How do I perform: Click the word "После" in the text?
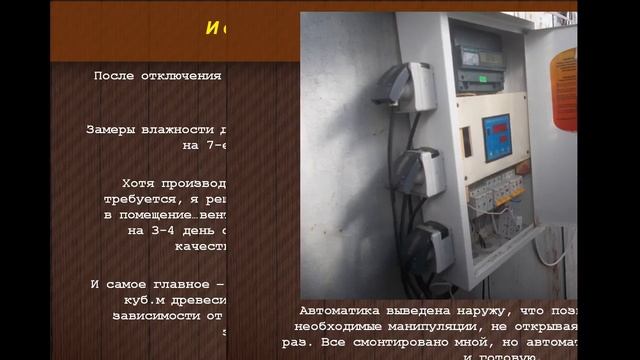[x=114, y=76]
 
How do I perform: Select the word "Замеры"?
[x=111, y=129]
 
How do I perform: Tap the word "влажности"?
[x=177, y=129]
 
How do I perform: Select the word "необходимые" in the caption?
[x=340, y=326]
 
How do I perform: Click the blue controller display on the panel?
[x=497, y=135]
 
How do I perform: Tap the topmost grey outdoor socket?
[x=405, y=87]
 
